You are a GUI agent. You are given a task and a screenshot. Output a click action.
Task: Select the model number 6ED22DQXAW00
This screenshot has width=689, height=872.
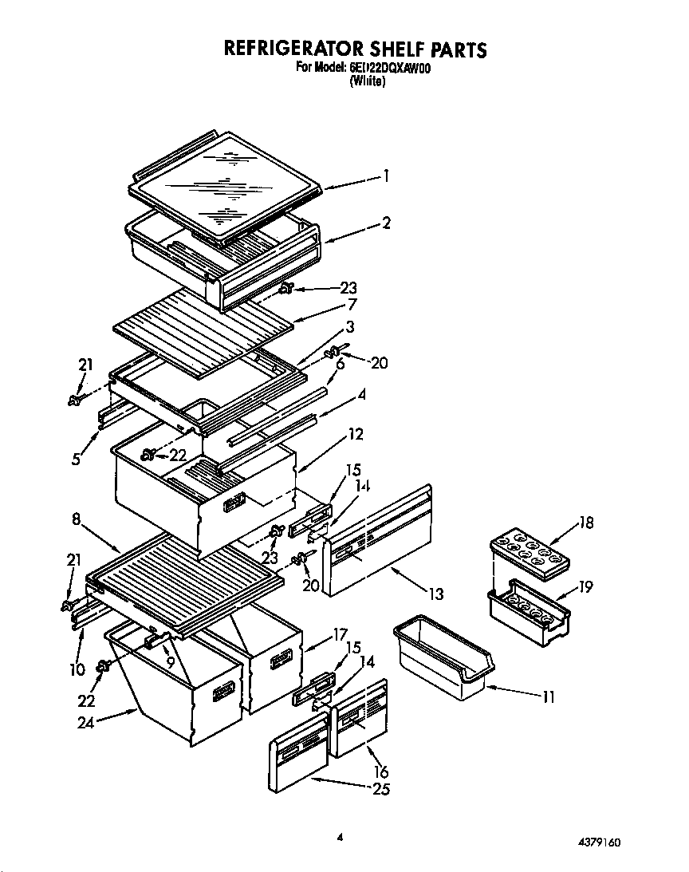[390, 69]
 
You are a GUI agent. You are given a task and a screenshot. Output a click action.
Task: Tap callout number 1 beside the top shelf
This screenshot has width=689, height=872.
[386, 176]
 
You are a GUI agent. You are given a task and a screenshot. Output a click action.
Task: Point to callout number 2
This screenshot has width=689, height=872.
[386, 223]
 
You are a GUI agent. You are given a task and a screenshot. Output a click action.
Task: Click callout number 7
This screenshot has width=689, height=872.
[352, 305]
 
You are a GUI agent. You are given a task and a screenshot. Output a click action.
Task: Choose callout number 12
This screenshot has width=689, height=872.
[355, 435]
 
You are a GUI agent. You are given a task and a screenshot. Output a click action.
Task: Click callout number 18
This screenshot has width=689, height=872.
[586, 523]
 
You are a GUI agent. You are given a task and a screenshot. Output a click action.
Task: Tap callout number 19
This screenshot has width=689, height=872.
[586, 588]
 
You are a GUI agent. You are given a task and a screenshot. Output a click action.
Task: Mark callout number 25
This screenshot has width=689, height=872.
[381, 789]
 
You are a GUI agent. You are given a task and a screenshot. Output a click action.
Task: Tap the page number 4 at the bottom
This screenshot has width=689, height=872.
[340, 837]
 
